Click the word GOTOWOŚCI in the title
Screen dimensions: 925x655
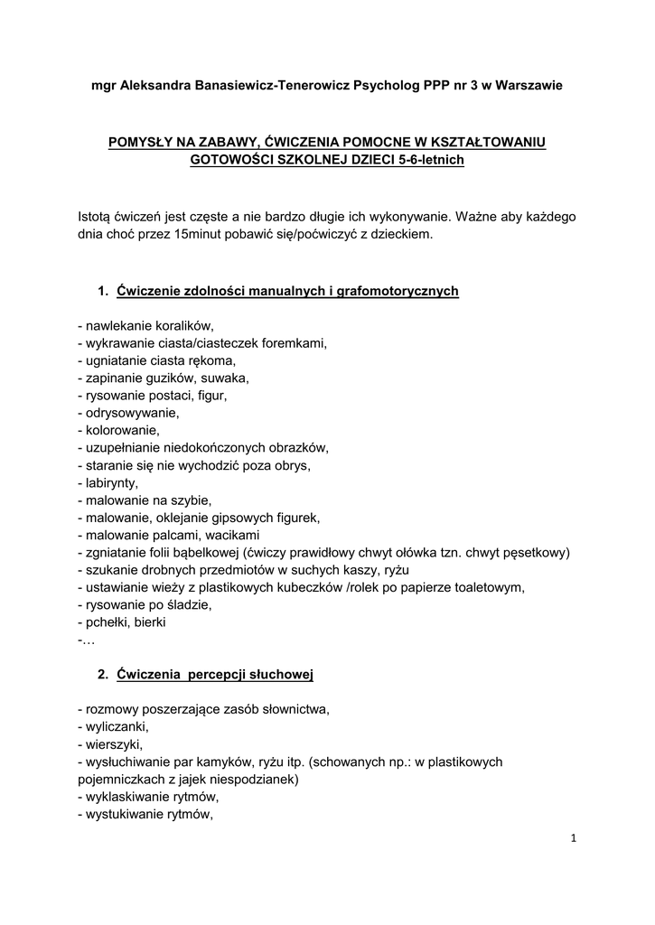click(233, 160)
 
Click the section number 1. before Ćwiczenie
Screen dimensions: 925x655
click(103, 291)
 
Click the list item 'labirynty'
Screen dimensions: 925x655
click(112, 482)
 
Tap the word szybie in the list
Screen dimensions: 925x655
click(192, 500)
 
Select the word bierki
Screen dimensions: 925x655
click(147, 621)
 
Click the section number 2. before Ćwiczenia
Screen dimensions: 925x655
click(103, 675)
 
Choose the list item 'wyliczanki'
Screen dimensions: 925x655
click(116, 726)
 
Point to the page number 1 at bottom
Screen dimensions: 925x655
click(573, 839)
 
